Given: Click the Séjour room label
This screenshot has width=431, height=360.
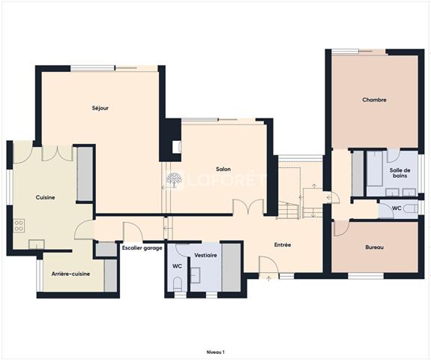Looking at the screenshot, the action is point(100,108).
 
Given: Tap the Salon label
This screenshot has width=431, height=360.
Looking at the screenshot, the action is point(223,169).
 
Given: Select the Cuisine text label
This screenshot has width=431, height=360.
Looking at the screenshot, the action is point(46,197).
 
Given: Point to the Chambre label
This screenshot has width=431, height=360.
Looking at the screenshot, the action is point(374,100).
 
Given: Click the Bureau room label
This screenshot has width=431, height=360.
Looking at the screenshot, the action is point(375,247).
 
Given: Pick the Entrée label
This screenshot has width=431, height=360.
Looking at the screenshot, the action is point(283,244).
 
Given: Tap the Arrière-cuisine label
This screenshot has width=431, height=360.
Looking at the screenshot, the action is point(71,274).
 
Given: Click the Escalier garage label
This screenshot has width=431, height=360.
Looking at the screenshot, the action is point(142,248).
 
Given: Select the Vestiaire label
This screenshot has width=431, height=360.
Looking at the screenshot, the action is point(205,255).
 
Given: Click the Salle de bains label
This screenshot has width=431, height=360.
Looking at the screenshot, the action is point(400,173).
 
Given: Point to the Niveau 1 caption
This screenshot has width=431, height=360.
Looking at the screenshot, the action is point(216,352).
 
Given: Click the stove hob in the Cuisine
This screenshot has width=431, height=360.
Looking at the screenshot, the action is point(19,226).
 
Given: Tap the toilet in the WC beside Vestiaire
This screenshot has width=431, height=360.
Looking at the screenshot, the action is point(178,283).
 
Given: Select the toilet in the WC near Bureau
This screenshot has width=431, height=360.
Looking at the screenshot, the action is point(411,208).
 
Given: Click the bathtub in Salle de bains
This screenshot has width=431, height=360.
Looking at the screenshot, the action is point(375,168).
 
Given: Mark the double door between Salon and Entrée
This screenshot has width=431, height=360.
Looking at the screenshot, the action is point(249,206).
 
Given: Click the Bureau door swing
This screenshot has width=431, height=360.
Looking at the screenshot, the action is point(341,228).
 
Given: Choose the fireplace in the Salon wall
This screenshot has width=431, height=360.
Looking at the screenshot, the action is point(176,147).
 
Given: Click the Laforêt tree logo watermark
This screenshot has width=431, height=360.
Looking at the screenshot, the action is point(174,180).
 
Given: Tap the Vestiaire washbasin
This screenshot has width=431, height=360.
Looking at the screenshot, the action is point(196,275).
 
